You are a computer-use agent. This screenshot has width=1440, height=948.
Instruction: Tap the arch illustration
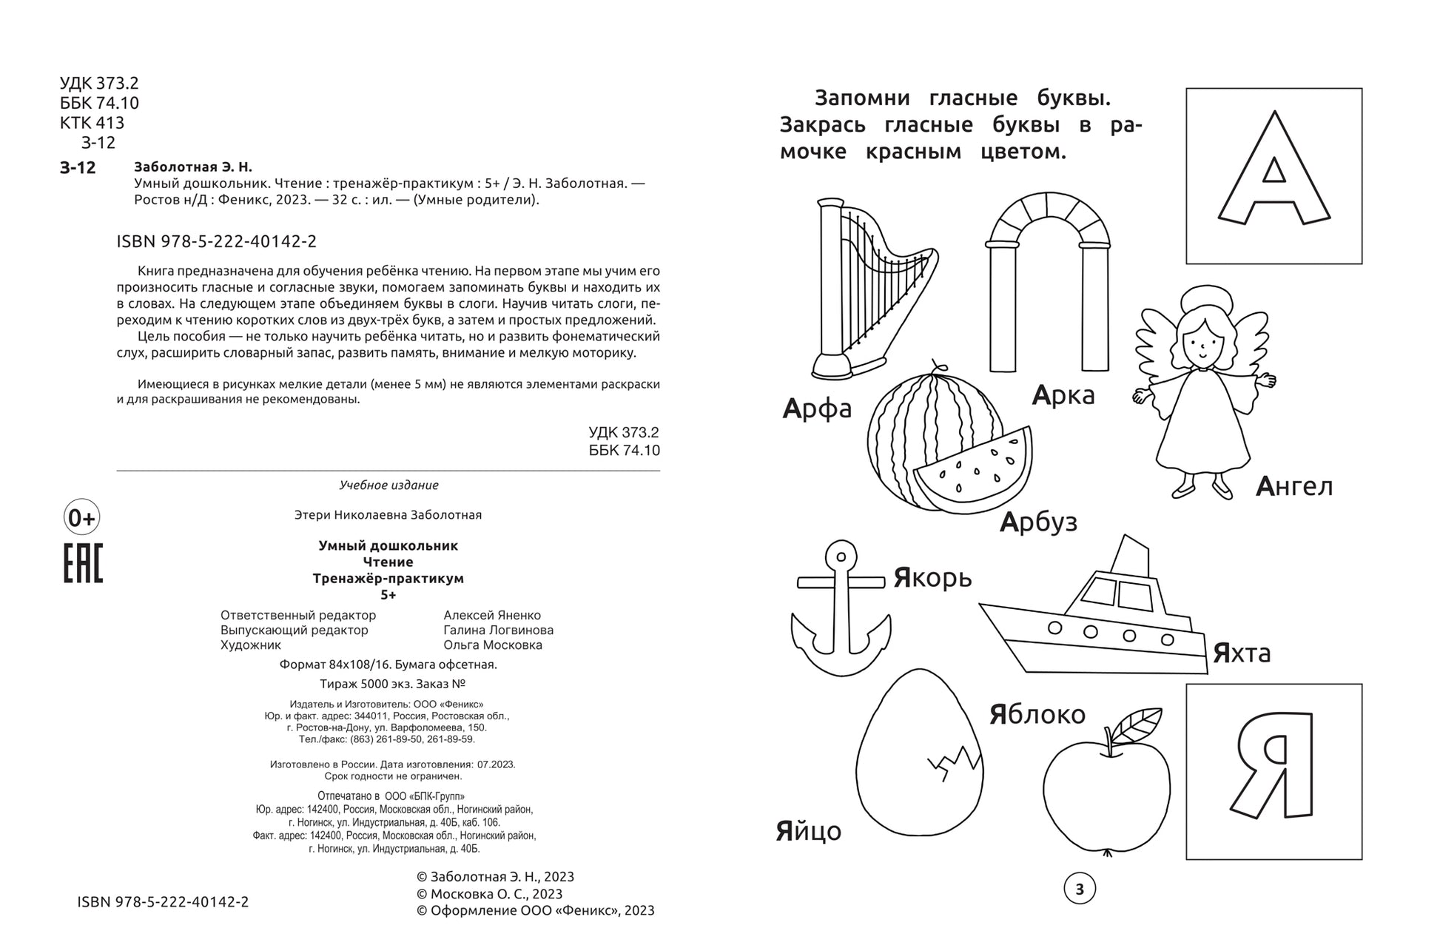coord(1048,281)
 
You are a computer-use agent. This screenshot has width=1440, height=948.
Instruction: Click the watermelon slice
coord(973,470)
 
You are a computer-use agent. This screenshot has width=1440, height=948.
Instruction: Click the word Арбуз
coord(1038,522)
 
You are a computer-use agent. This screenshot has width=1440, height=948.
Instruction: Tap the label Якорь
coord(932,577)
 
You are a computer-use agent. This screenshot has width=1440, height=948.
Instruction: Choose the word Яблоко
coord(1037,714)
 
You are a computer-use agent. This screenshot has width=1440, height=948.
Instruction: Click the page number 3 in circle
coord(1080,889)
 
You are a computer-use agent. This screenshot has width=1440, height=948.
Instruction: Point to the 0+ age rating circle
coord(81,518)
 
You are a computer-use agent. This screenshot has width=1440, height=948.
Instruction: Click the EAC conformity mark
coord(82,563)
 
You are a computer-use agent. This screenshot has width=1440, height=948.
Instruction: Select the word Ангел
coord(1294,486)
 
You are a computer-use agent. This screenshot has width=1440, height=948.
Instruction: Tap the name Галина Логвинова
coord(498,630)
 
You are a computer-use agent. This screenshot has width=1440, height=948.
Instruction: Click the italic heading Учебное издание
coord(388,485)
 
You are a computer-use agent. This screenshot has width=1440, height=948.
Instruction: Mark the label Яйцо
coord(808,831)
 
